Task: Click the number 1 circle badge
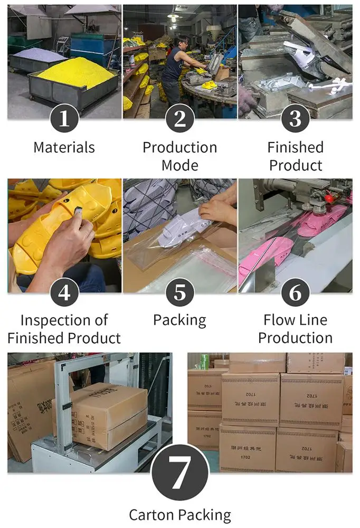point(64,118)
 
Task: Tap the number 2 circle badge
point(180,118)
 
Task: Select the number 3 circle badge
point(296,118)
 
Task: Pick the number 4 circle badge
point(64,291)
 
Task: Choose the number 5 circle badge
point(180,291)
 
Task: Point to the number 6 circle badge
point(296,291)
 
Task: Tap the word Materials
point(64,147)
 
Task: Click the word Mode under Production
point(180,165)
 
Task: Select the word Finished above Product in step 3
point(296,147)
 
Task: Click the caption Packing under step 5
point(180,320)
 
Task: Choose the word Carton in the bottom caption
point(152,515)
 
